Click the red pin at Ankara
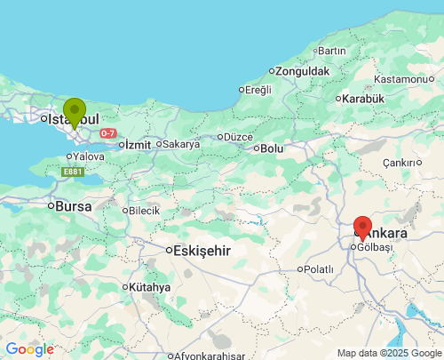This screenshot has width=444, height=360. [362, 228]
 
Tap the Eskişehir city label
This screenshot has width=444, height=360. [201, 251]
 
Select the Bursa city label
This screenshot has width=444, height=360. [74, 205]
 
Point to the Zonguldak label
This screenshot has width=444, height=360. [302, 71]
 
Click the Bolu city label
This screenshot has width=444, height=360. [270, 148]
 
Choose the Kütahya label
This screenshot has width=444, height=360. [149, 287]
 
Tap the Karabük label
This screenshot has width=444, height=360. [363, 99]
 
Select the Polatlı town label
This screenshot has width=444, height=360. [318, 268]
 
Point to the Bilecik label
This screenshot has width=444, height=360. [144, 211]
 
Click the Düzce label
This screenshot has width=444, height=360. [238, 137]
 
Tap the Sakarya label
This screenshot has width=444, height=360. [180, 143]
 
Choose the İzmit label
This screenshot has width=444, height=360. [138, 144]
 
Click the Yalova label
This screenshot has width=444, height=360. [89, 156]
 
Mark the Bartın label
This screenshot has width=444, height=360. [331, 50]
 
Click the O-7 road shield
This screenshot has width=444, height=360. [107, 133]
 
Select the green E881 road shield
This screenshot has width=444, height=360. [74, 172]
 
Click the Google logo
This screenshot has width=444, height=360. [29, 350]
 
